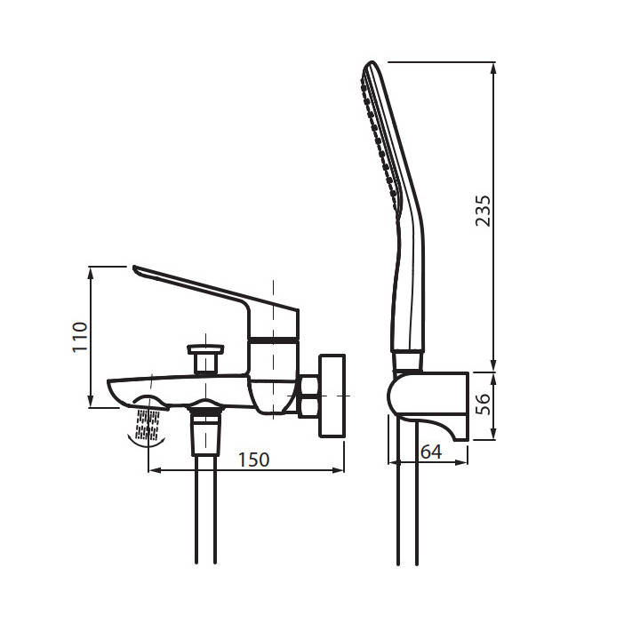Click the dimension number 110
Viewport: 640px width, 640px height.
coord(80,337)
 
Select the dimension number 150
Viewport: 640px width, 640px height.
coord(253,460)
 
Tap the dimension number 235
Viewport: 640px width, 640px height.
coord(483,211)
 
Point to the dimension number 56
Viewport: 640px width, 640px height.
coord(483,404)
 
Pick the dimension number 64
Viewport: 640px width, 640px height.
coord(431,452)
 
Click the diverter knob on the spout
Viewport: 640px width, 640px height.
coord(205,359)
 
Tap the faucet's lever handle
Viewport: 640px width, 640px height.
coord(216,302)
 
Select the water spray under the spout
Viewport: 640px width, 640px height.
coord(148,425)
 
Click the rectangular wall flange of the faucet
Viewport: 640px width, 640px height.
coord(332,396)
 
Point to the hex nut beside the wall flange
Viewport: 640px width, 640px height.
coord(309,396)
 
